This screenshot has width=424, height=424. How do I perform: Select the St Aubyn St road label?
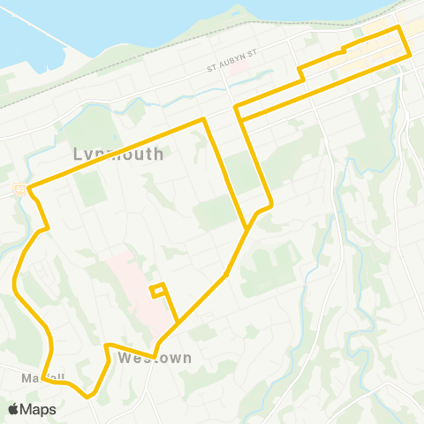231,65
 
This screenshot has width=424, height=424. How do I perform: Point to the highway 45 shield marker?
19,188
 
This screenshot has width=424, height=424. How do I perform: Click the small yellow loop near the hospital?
158,289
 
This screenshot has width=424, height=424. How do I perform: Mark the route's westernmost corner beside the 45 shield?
29,188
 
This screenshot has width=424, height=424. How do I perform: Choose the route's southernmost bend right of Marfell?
88,397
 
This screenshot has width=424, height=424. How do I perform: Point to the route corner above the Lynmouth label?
205,118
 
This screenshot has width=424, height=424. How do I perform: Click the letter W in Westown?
123,359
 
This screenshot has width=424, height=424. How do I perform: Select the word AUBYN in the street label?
231,65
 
